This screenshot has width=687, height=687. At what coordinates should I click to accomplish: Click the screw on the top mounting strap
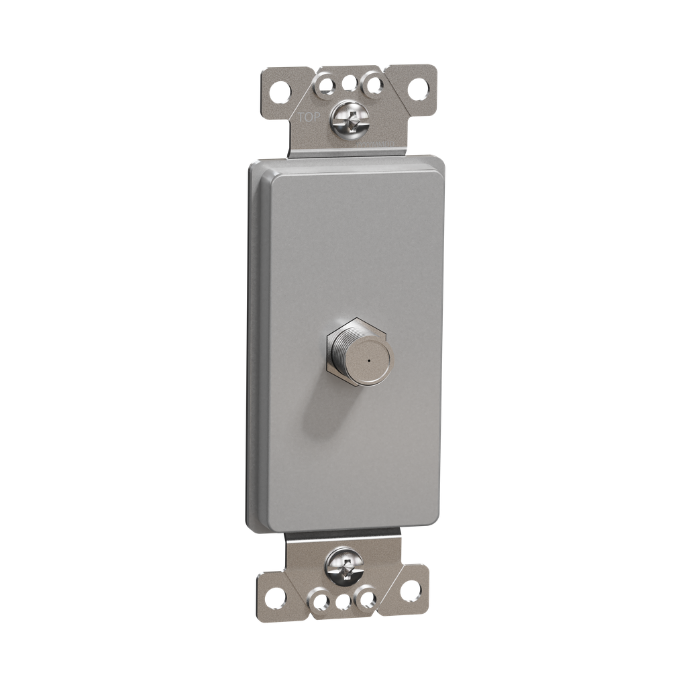[x=349, y=118]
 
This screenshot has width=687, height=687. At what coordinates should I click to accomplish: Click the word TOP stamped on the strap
[x=309, y=117]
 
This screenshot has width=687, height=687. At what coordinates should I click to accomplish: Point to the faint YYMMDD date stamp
[x=380, y=143]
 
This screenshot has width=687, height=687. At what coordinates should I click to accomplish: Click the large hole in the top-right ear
[x=418, y=89]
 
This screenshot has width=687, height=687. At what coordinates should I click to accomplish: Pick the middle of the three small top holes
[x=349, y=83]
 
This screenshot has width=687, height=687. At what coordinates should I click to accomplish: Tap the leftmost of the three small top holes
[x=326, y=84]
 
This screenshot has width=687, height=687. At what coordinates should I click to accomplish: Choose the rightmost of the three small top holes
[x=373, y=84]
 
